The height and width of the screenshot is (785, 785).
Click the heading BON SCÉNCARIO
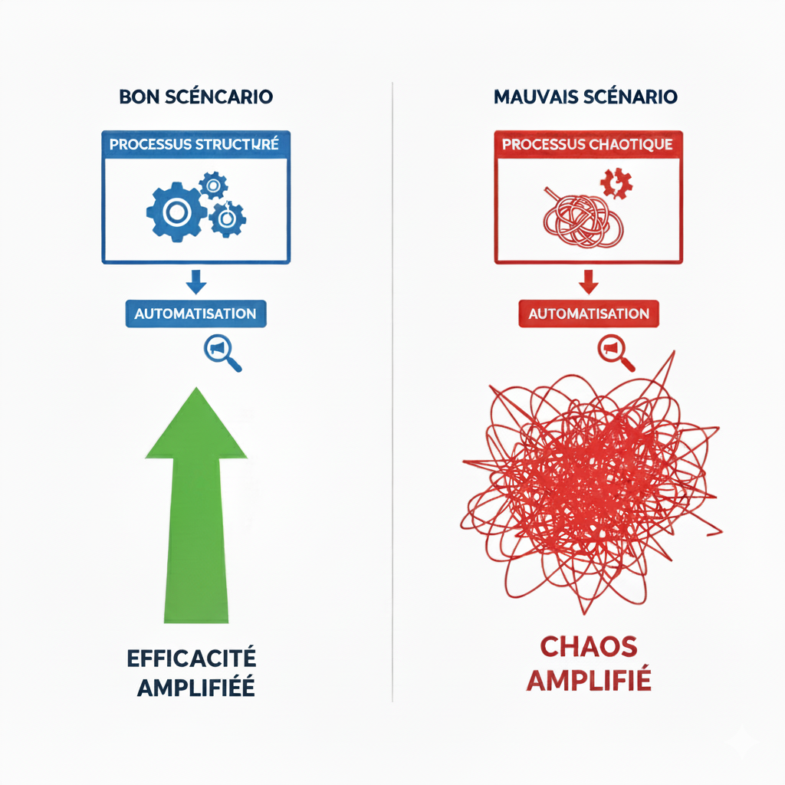tap(196, 98)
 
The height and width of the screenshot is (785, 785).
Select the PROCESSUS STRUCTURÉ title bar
tap(196, 143)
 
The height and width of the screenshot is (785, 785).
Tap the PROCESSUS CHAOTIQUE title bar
tap(588, 144)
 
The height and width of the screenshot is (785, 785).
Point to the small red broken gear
tap(616, 185)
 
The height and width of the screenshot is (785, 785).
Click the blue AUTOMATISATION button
tap(195, 314)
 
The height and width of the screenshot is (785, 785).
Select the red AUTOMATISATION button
tap(588, 314)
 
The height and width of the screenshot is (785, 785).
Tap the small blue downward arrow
tap(196, 283)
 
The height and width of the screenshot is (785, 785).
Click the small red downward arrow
tap(588, 283)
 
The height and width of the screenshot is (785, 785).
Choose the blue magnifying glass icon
tap(221, 353)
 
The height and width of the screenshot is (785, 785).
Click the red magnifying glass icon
tap(614, 353)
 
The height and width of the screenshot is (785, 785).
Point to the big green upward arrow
tap(196, 506)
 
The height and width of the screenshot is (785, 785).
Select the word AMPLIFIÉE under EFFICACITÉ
tap(196, 687)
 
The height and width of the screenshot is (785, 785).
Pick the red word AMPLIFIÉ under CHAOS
tap(589, 680)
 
